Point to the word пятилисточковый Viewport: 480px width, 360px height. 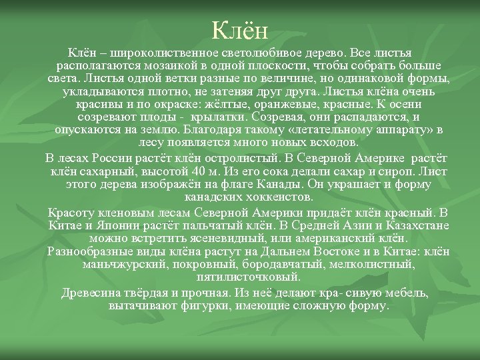(239, 277)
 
